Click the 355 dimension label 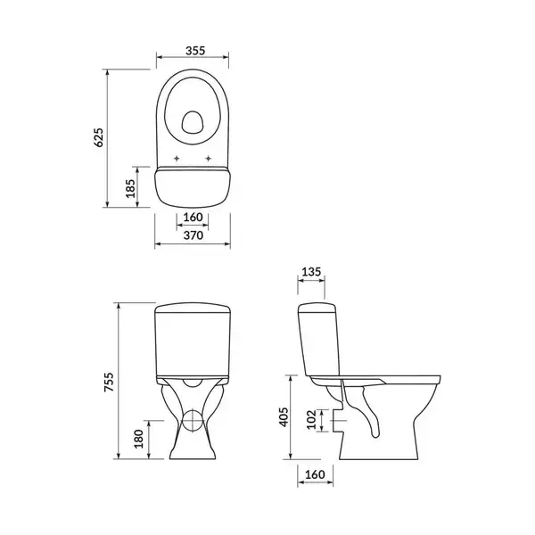(x=195, y=51)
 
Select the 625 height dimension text (x=98, y=138)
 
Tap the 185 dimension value (x=131, y=188)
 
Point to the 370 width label (x=193, y=235)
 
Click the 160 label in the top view (x=193, y=218)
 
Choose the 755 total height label (x=109, y=382)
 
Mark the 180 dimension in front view (x=139, y=439)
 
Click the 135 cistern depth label (x=311, y=272)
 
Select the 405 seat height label (x=284, y=417)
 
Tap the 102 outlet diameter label (x=312, y=420)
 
